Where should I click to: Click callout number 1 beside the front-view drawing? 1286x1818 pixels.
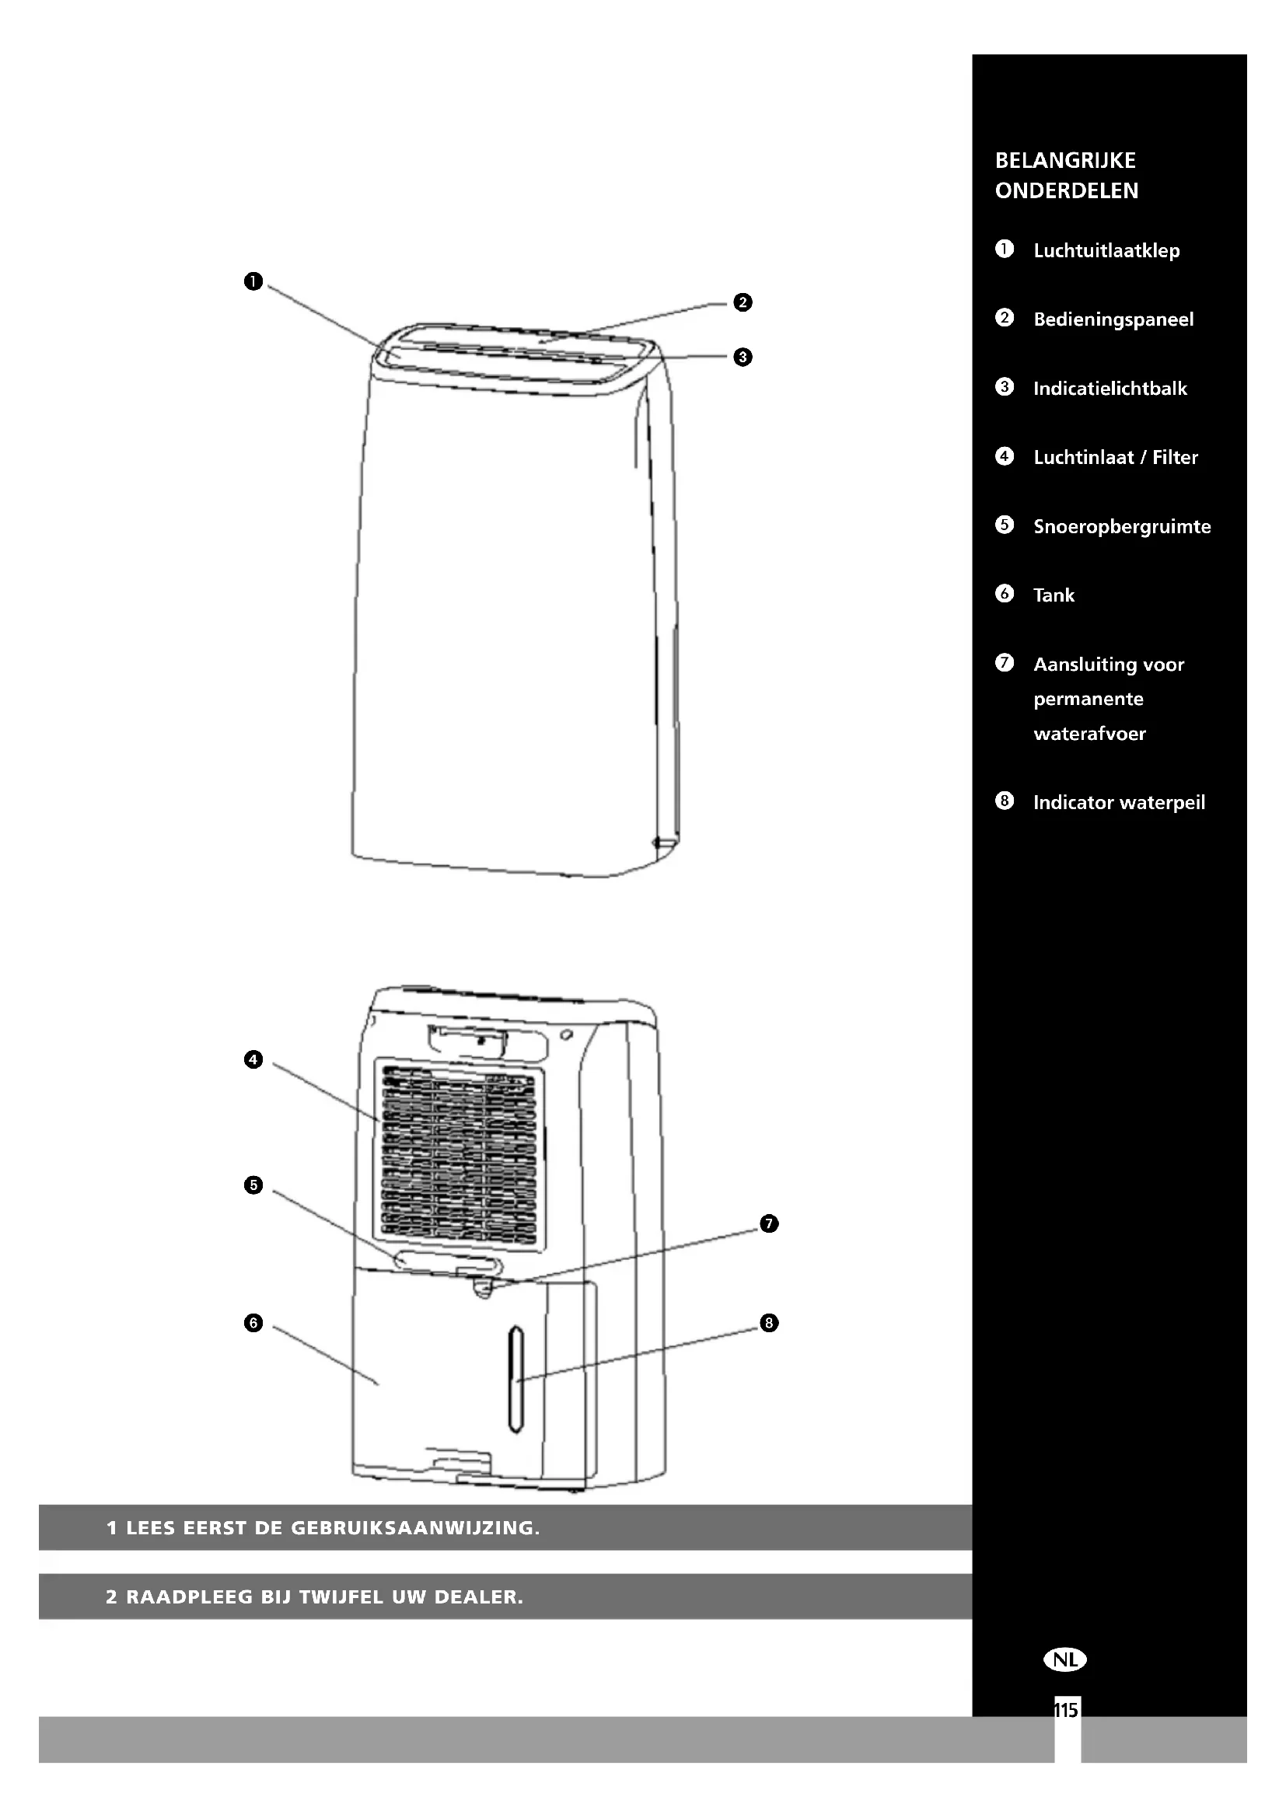253,282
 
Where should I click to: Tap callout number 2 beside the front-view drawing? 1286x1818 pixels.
742,302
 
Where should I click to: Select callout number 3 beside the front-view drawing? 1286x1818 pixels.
742,357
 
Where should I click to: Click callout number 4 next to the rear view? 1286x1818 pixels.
253,1059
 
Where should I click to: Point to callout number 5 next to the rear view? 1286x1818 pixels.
253,1185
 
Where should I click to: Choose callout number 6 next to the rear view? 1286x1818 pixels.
253,1323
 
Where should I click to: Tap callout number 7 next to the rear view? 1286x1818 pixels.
769,1224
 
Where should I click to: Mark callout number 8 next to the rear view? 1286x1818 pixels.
769,1323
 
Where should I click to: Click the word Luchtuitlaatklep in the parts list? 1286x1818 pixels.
1106,251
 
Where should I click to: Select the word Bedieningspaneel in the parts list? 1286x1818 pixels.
1113,320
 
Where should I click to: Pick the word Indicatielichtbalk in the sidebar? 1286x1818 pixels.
1110,389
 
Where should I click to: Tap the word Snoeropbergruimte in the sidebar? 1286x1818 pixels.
1121,526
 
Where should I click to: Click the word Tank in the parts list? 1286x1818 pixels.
1054,595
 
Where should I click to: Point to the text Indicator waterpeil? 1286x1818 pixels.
1119,803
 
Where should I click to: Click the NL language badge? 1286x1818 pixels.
1065,1659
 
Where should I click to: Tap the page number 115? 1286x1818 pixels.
1066,1711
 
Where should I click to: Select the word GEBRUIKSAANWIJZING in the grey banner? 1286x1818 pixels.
415,1528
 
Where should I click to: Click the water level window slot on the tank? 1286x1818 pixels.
515,1379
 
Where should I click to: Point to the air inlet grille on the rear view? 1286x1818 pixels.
459,1157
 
